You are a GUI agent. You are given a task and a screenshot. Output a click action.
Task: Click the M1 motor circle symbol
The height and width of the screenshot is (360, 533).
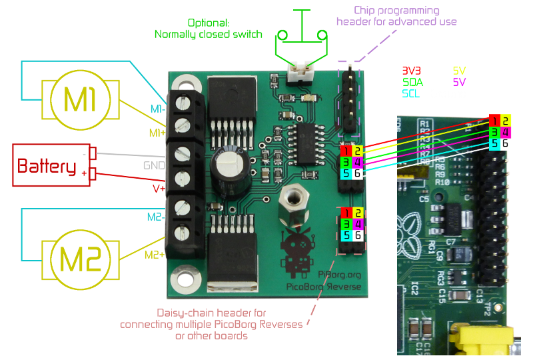pyautogui.click(x=81, y=101)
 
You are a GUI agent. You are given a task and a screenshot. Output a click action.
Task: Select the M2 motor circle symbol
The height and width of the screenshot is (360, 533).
pyautogui.click(x=81, y=259)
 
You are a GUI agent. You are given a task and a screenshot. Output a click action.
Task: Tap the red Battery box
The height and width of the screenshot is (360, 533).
pyautogui.click(x=51, y=165)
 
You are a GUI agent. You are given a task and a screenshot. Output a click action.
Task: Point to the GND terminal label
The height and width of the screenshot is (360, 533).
pyautogui.click(x=154, y=165)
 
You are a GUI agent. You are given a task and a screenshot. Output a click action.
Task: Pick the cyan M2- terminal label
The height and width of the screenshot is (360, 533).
pyautogui.click(x=155, y=217)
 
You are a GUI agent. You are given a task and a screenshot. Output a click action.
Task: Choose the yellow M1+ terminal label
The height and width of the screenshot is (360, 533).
pyautogui.click(x=157, y=133)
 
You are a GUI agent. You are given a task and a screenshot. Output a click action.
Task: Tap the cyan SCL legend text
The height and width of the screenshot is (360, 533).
pyautogui.click(x=412, y=94)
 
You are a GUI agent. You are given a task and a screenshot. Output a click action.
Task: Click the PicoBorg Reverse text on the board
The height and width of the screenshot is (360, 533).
pyautogui.click(x=324, y=287)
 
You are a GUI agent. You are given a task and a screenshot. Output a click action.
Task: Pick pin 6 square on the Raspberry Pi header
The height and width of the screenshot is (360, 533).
pyautogui.click(x=506, y=143)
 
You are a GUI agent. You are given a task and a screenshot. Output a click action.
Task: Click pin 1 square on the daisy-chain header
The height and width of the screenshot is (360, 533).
pyautogui.click(x=346, y=213)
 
